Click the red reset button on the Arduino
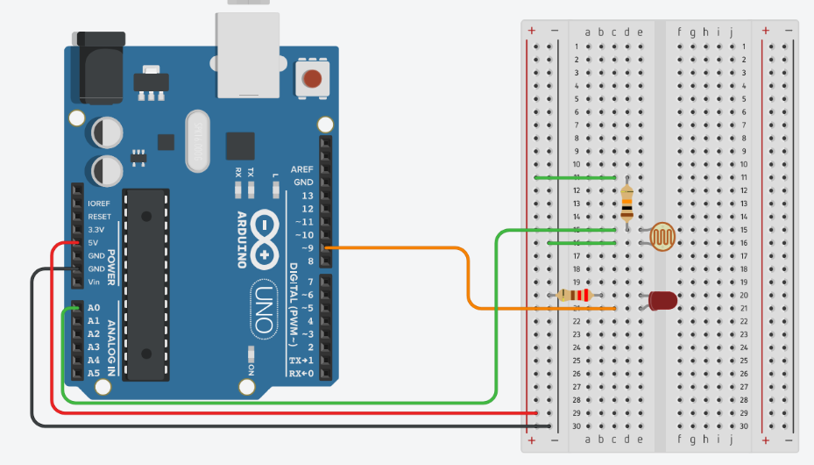point(312,79)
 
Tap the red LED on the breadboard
point(663,301)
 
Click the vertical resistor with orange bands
point(626,203)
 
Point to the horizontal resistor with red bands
point(574,295)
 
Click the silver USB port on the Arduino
point(249,54)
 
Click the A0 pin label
point(94,308)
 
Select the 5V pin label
point(93,242)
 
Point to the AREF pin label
point(302,169)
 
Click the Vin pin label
point(94,282)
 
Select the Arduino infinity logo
point(264,236)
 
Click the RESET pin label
point(99,216)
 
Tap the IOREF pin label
point(99,204)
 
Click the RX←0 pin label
point(301,374)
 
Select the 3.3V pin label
point(96,229)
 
